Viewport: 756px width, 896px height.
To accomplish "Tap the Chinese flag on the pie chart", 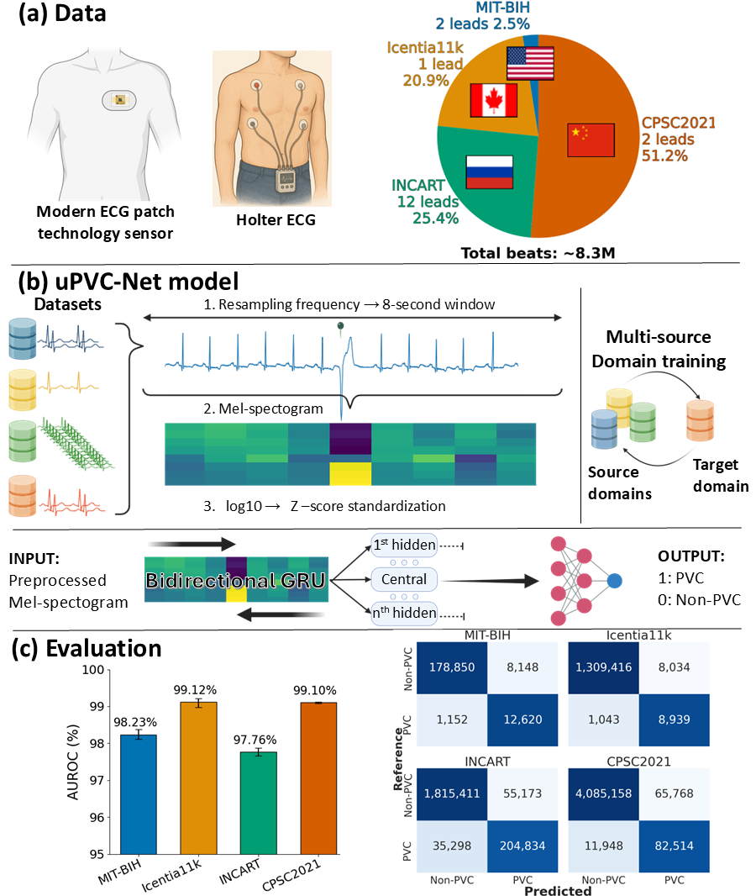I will click(591, 139).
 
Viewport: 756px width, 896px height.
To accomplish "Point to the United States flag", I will click(530, 63).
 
